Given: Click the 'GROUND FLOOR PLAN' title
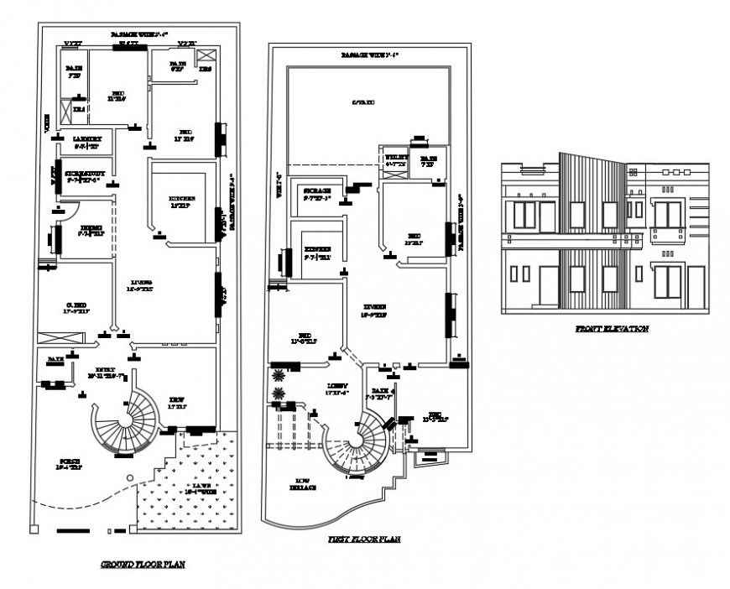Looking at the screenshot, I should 143,565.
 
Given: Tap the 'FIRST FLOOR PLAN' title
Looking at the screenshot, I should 363,539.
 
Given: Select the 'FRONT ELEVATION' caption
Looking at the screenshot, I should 611,329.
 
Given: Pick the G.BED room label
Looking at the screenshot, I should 75,307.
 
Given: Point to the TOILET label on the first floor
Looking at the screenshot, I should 396,159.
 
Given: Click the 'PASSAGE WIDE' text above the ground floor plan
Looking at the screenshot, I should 138,34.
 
